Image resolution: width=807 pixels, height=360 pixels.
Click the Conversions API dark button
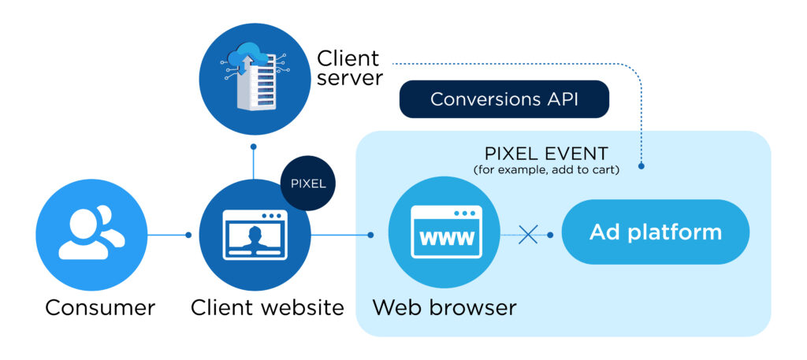[504, 100]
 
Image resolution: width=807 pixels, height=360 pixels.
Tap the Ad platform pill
[655, 232]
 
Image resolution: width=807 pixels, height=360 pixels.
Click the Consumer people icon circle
[91, 235]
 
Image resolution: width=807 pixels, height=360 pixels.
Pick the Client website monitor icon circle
[254, 235]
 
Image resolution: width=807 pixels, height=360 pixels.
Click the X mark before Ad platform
[527, 235]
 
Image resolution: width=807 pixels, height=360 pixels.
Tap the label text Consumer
[100, 307]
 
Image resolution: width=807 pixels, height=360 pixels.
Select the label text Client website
[267, 307]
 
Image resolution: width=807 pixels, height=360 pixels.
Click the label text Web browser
[444, 307]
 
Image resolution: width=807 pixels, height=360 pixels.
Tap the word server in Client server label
[349, 79]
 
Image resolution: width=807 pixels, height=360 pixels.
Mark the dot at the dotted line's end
[643, 166]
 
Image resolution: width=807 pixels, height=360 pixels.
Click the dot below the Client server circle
[253, 147]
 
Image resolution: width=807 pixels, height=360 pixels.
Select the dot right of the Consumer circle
[188, 235]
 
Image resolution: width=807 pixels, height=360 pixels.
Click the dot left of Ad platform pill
[550, 235]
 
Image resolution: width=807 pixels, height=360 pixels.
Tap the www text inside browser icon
[446, 237]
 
